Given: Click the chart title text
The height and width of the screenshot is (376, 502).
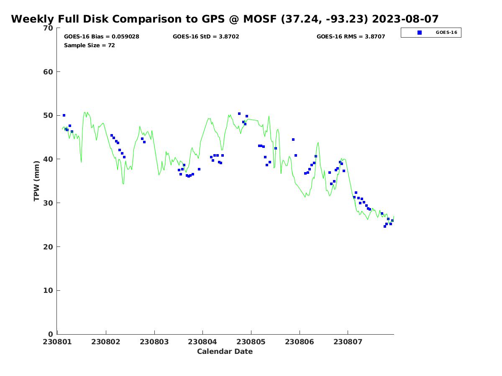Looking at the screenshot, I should click(x=225, y=19).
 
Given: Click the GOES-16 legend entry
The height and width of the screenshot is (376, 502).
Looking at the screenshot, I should click(x=446, y=33).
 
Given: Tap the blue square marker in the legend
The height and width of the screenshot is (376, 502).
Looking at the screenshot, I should click(x=420, y=33).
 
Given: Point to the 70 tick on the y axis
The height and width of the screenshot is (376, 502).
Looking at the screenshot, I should click(x=49, y=28).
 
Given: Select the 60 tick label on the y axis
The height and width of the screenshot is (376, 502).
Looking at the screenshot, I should click(x=49, y=72).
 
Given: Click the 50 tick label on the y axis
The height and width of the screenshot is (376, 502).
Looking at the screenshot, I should click(x=49, y=116).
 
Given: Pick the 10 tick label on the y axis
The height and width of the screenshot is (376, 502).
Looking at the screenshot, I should click(x=49, y=291).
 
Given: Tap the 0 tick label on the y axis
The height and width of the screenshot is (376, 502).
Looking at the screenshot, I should click(x=51, y=334).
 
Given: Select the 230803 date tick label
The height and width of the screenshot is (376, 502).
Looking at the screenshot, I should click(x=154, y=342).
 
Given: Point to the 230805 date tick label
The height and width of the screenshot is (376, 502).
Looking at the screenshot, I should click(x=251, y=342).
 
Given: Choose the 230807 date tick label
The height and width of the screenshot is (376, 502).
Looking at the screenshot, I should click(x=348, y=342).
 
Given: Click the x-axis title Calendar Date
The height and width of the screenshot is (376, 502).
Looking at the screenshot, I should click(x=225, y=351).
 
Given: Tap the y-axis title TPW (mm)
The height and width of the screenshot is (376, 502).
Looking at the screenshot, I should click(x=37, y=181).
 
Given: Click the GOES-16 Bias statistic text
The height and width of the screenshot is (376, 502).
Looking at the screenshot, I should click(x=102, y=37).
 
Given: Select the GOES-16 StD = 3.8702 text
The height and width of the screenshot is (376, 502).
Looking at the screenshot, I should click(x=206, y=37).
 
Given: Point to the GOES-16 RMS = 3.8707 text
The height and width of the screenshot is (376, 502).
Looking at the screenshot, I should click(x=351, y=37).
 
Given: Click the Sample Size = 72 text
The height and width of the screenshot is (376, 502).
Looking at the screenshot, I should click(x=90, y=45).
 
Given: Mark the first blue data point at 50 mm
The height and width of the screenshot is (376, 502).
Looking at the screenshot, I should click(x=64, y=115).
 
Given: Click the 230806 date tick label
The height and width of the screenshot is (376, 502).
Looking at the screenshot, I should click(x=300, y=342).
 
